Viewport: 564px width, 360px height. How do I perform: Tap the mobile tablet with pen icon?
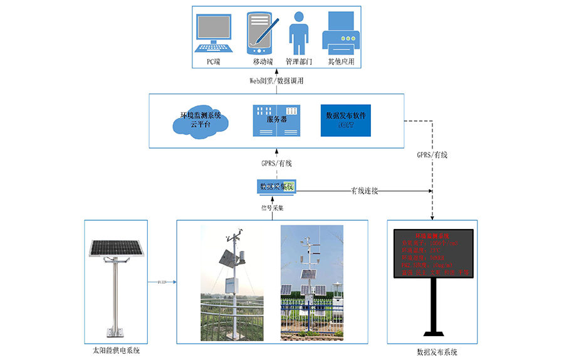tap(261, 34)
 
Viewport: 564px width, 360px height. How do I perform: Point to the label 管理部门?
tap(298, 62)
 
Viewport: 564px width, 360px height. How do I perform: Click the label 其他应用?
tap(342, 62)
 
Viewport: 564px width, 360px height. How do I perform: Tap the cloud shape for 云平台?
tap(199, 120)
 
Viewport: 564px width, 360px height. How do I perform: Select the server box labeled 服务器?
tap(276, 120)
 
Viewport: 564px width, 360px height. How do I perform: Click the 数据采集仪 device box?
tap(276, 186)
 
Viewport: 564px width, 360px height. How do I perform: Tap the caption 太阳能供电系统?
tap(116, 351)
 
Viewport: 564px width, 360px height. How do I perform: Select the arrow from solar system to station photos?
tap(162, 283)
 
